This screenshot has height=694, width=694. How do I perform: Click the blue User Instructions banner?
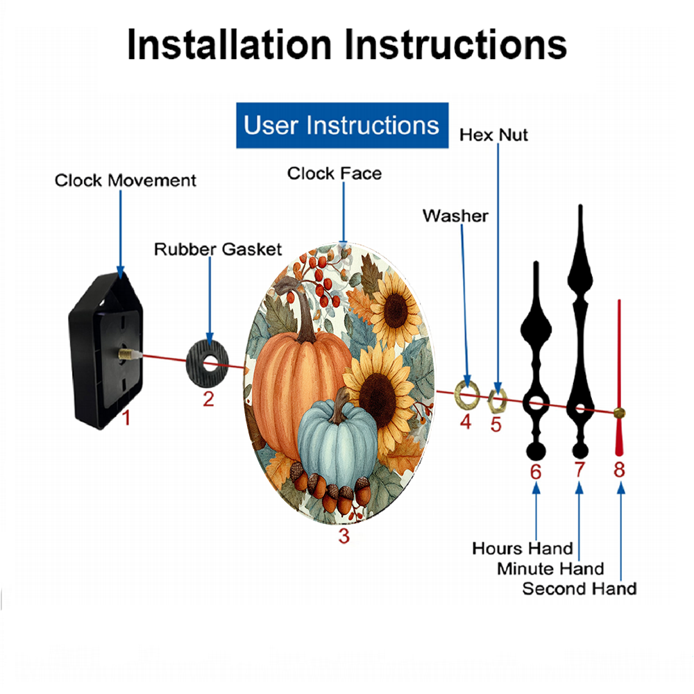point(342,125)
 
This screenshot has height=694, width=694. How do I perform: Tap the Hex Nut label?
point(493,135)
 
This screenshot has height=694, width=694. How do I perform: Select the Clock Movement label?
point(125,180)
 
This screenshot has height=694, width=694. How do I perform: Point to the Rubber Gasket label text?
point(218,249)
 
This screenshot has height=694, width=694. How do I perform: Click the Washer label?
point(455,216)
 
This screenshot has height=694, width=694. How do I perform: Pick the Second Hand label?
point(579,589)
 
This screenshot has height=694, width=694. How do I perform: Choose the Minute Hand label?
point(550,569)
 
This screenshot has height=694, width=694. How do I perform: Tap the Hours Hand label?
point(523,548)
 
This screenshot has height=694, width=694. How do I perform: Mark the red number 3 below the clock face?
point(344,536)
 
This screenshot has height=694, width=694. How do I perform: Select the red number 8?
point(619,470)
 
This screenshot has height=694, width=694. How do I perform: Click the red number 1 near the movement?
point(126,418)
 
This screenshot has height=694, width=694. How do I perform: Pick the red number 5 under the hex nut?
point(496,425)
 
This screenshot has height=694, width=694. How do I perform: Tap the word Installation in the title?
point(229,44)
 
